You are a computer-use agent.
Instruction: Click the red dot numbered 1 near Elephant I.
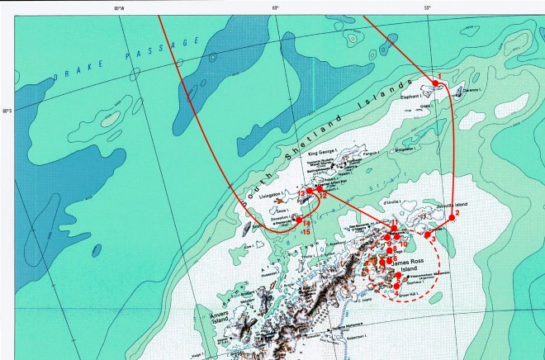click(437, 83)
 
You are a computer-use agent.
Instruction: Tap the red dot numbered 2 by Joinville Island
click(452, 219)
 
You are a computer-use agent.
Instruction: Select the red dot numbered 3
click(427, 234)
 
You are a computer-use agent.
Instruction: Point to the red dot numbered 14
click(299, 220)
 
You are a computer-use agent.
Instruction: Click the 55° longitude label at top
click(427, 8)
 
